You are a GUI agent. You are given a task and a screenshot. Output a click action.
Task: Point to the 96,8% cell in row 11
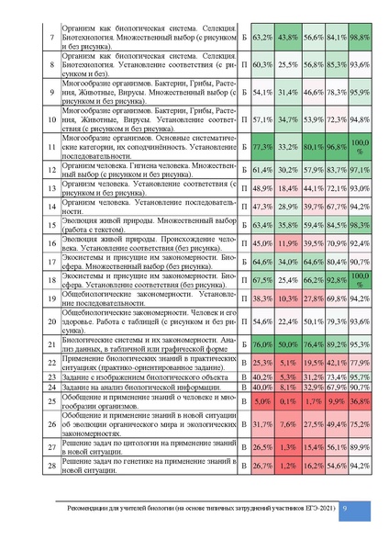335,146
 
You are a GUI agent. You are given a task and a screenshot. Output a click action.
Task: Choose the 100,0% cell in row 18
359,277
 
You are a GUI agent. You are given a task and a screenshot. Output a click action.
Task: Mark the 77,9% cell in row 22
359,363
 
